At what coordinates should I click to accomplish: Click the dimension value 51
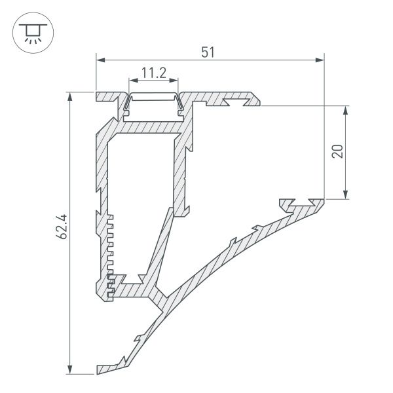click(x=208, y=52)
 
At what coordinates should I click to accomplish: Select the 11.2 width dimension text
click(x=153, y=74)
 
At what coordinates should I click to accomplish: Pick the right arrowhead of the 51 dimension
click(x=320, y=60)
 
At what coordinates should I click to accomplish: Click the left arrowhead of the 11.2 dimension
click(x=132, y=82)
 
